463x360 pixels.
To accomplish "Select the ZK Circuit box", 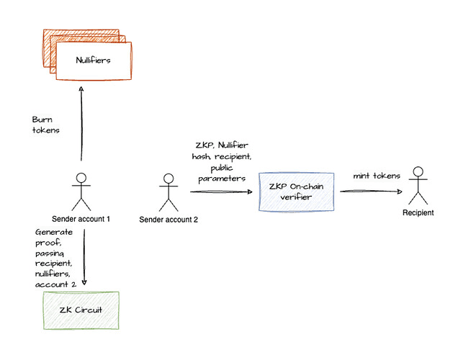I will pyautogui.click(x=81, y=311).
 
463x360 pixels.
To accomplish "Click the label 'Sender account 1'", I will pyautogui.click(x=81, y=219).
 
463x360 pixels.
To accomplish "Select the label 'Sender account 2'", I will pyautogui.click(x=167, y=220).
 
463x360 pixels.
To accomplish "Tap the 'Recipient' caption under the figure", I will pyautogui.click(x=418, y=213).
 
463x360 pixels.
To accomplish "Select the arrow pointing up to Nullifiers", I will pyautogui.click(x=83, y=122).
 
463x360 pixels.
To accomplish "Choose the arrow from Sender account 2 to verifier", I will pyautogui.click(x=220, y=192).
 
